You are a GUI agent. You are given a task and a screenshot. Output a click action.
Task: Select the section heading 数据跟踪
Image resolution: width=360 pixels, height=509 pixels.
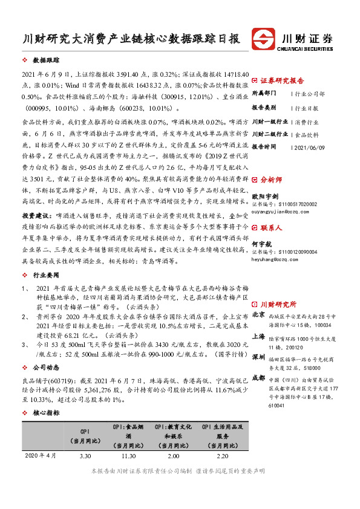[46, 61]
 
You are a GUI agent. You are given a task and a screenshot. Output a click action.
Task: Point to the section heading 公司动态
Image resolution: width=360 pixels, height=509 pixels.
[46, 367]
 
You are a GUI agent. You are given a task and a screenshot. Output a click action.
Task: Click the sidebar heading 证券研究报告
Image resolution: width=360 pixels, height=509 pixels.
[282, 80]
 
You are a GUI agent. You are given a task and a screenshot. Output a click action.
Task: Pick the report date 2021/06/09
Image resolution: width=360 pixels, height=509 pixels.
[310, 147]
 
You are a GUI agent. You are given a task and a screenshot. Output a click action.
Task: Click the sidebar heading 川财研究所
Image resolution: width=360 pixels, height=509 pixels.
[278, 304]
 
